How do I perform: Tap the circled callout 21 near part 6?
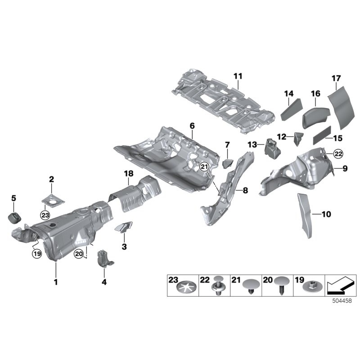click(205, 167)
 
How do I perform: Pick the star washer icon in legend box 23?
click(181, 287)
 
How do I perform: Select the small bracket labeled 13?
click(271, 148)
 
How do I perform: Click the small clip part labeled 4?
click(104, 259)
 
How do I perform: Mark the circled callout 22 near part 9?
click(338, 154)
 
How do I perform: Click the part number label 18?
click(129, 173)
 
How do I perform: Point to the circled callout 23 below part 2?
click(45, 215)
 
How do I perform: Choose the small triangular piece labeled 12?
click(298, 138)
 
